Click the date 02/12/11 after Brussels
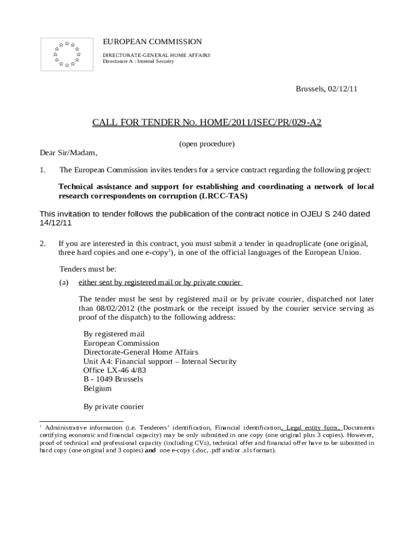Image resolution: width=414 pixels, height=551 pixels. pos(342,89)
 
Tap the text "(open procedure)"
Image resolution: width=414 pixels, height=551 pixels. pos(207,144)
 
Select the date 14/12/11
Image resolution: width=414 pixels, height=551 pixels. pos(56,223)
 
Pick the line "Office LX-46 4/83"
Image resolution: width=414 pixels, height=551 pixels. pos(115,370)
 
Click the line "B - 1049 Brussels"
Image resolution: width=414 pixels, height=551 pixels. pos(113,379)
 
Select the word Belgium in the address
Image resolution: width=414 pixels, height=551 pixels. pos(97,388)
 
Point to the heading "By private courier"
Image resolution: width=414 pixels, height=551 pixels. pos(113,407)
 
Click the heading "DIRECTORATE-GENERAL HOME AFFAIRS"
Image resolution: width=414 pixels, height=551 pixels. pos(156,55)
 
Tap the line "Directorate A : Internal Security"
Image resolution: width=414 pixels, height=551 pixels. pos(138,61)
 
